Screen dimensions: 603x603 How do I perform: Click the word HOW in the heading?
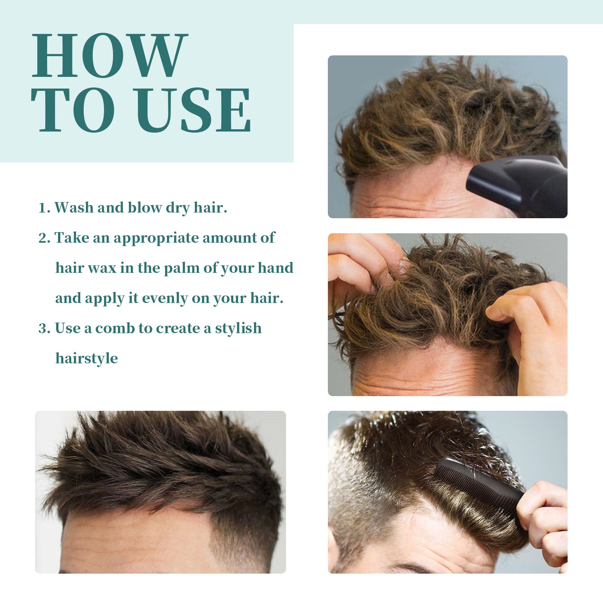pyautogui.click(x=109, y=55)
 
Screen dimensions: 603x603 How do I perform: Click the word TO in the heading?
pyautogui.click(x=73, y=110)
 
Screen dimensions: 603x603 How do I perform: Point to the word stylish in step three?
pyautogui.click(x=238, y=328)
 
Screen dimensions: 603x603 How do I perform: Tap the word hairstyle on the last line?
pyautogui.click(x=86, y=358)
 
